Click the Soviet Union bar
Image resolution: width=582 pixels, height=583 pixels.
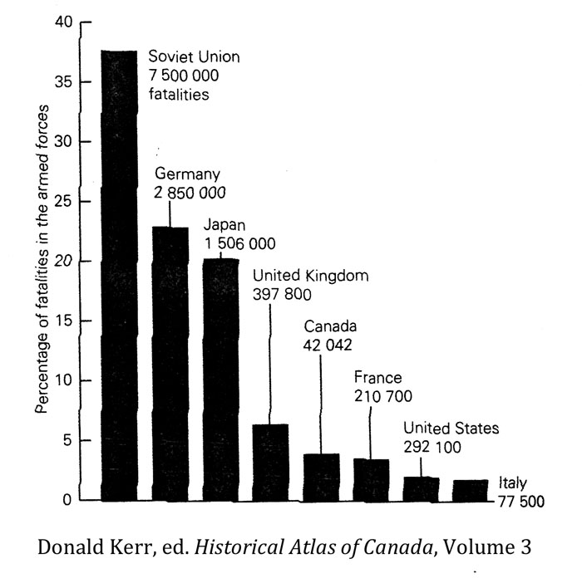point(119,274)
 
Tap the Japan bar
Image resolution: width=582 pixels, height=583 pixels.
point(220,379)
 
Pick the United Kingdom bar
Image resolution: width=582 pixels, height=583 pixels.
point(270,462)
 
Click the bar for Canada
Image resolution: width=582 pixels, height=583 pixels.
point(321,477)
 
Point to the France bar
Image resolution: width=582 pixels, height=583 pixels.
point(371,479)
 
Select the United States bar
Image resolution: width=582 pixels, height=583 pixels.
point(421,488)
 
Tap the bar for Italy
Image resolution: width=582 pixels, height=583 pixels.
point(471,490)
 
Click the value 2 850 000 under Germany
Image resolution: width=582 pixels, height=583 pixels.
point(191,193)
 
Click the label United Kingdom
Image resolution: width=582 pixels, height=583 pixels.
point(310,276)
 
